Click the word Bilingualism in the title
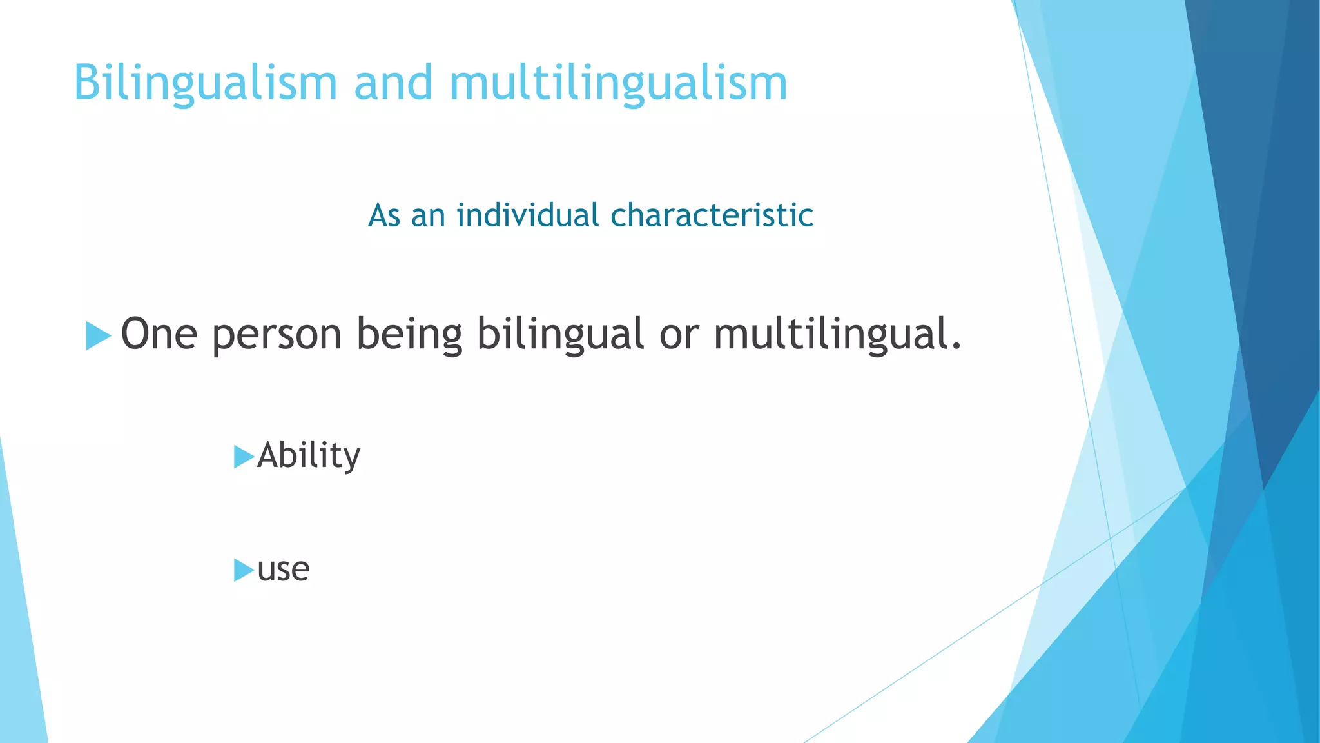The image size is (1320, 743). pos(205,84)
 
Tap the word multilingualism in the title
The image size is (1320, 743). pos(618,84)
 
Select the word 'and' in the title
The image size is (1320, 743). pos(393,84)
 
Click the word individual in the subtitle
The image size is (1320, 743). pos(528,215)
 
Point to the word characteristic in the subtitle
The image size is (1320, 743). pos(712,215)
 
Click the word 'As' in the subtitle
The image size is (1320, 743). pos(384,215)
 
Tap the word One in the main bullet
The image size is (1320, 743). pos(159,334)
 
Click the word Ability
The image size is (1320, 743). pos(309,456)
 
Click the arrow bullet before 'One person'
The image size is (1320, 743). pos(98,336)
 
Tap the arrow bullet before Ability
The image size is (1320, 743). pos(243,457)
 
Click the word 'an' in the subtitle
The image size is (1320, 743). pos(428,217)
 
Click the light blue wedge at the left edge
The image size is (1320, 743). pos(19,645)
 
